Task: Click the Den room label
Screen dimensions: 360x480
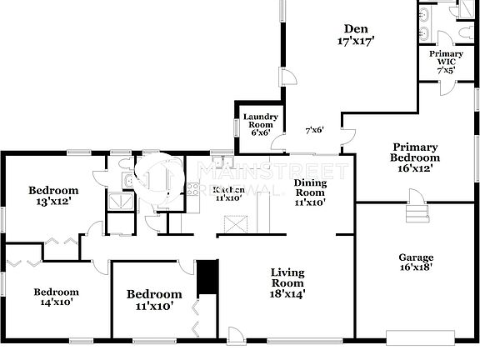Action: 356,27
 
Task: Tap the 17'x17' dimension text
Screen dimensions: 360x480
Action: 356,39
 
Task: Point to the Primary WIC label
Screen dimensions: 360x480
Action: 446,58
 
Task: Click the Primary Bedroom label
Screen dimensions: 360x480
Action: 416,152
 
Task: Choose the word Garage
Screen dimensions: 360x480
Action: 416,258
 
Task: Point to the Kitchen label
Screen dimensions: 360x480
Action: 228,190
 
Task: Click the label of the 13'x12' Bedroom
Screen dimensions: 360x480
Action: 53,190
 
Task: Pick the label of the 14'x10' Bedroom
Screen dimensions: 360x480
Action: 57,292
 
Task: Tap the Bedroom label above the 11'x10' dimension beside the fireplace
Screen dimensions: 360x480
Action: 153,294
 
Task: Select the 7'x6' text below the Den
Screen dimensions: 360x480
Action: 313,129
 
